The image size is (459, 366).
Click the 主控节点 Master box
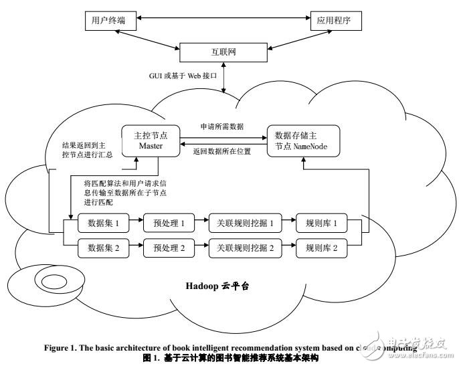[x=150, y=141]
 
